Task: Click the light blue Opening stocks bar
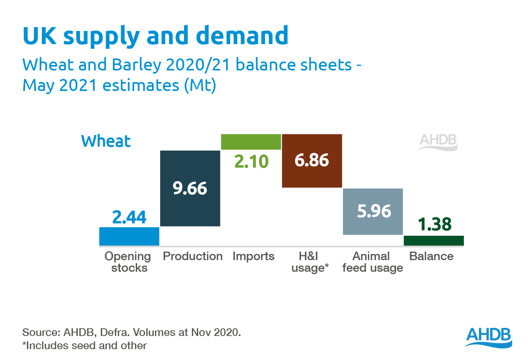[x=129, y=236]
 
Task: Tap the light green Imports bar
[x=251, y=142]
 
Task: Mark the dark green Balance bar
[x=434, y=240]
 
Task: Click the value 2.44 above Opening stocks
[x=129, y=217]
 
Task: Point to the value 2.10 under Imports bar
[x=251, y=161]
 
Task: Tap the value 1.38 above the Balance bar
[x=435, y=224]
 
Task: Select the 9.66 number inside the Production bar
[x=190, y=188]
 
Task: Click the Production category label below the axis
[x=193, y=256]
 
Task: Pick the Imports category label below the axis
[x=253, y=256]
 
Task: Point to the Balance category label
[x=431, y=256]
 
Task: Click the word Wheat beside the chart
[x=106, y=141]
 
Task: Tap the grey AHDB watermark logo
[x=438, y=142]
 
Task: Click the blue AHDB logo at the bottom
[x=489, y=337]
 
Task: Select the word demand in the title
[x=242, y=36]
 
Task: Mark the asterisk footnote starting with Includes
[x=85, y=346]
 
